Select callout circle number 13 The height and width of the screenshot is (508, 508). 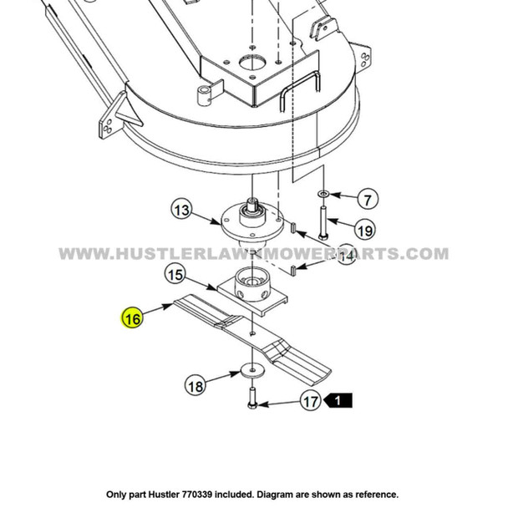coord(180,211)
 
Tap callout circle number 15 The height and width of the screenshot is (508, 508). coord(175,274)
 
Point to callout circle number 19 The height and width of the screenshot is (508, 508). coord(364,230)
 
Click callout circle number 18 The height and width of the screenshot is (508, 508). coord(195,386)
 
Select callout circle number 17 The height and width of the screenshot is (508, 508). coord(311,402)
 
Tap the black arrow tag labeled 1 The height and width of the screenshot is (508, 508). coord(338,402)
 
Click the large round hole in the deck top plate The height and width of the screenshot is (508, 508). coord(250,63)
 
